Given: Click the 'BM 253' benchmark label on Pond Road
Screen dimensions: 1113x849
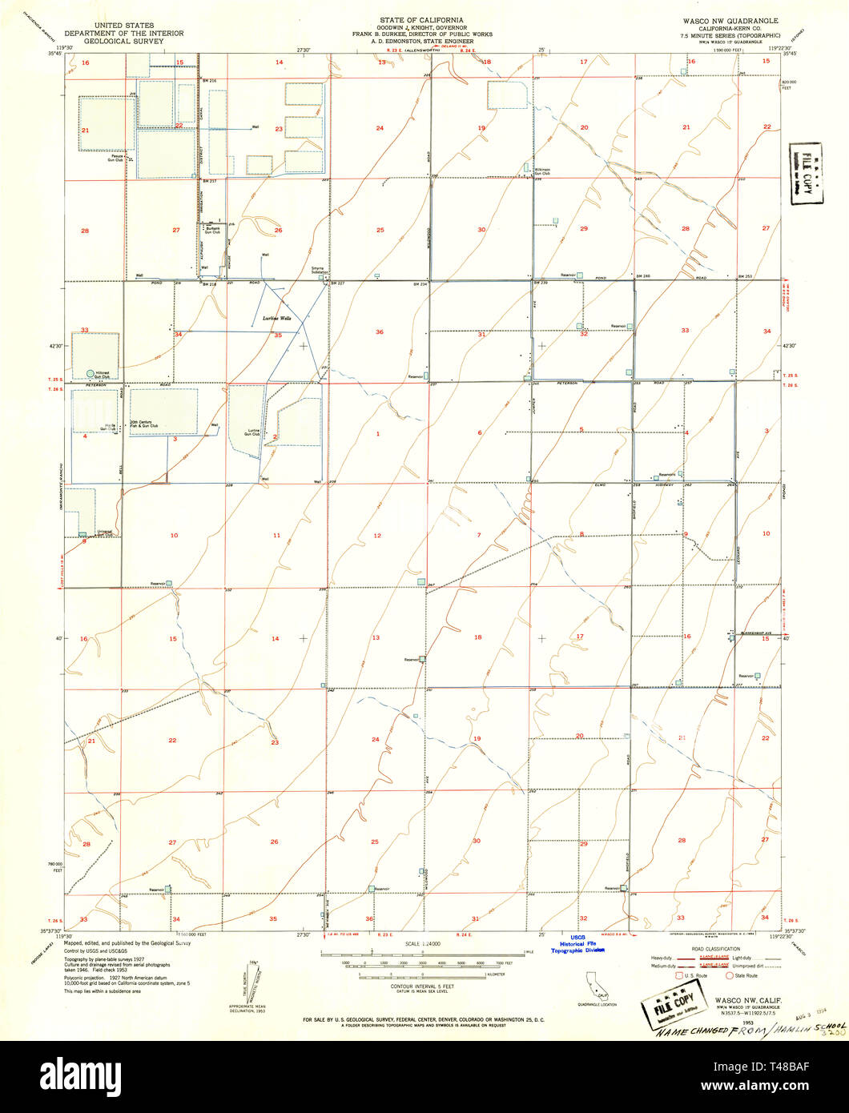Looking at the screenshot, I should (x=745, y=276).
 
